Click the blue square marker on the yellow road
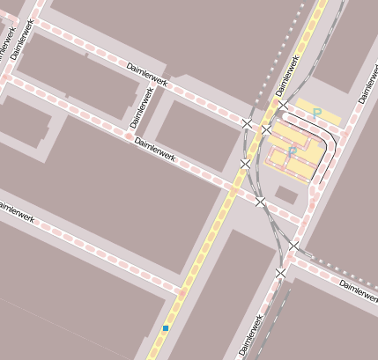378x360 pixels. [166, 328]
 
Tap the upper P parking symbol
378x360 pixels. [316, 113]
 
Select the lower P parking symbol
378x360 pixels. [292, 151]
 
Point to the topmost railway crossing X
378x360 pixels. [283, 106]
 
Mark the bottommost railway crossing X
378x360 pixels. [281, 274]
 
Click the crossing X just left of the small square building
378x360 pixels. [260, 202]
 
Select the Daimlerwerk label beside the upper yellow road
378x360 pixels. [288, 75]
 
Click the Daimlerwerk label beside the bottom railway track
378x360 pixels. [251, 335]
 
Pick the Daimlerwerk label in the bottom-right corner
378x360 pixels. [359, 290]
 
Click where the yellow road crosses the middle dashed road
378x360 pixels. [234, 188]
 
